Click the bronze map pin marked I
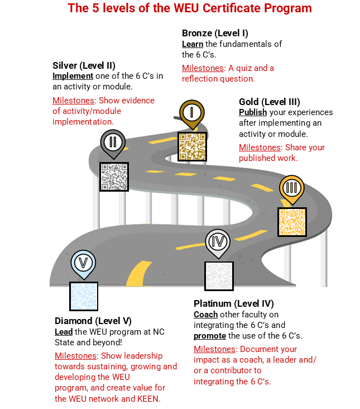point(192,113)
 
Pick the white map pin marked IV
point(218,242)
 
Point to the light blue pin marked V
point(83,264)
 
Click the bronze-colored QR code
point(192,146)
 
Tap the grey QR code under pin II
point(114,177)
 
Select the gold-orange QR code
point(292,222)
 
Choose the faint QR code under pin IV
point(219,276)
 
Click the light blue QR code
point(84,296)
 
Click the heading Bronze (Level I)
point(215,33)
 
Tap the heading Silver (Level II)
point(84,65)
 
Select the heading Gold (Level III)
point(270,102)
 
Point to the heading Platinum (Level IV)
point(234,303)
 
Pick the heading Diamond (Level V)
point(93,321)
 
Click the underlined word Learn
point(193,44)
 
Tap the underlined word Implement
point(73,76)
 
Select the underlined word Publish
point(253,112)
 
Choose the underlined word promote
point(210,336)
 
